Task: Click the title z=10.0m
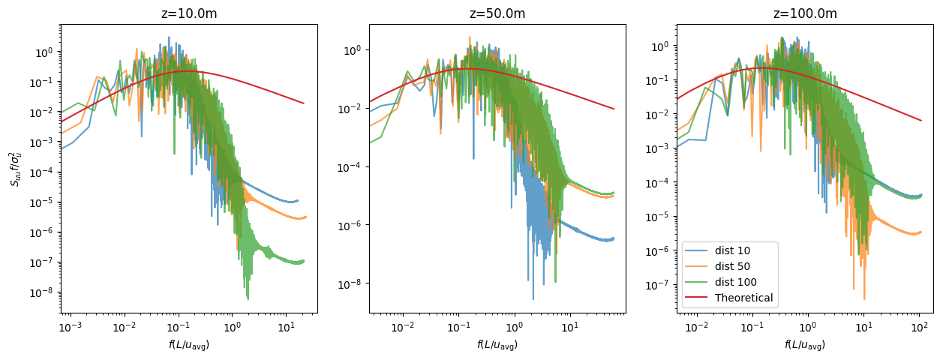pyautogui.click(x=188, y=13)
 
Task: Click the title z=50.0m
pyautogui.click(x=495, y=13)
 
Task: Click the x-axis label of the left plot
pyautogui.click(x=188, y=344)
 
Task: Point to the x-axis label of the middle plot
pyautogui.click(x=496, y=344)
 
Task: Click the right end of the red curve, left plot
pyautogui.click(x=304, y=103)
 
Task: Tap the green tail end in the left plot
pyautogui.click(x=304, y=261)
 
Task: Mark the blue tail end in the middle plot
pyautogui.click(x=614, y=238)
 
